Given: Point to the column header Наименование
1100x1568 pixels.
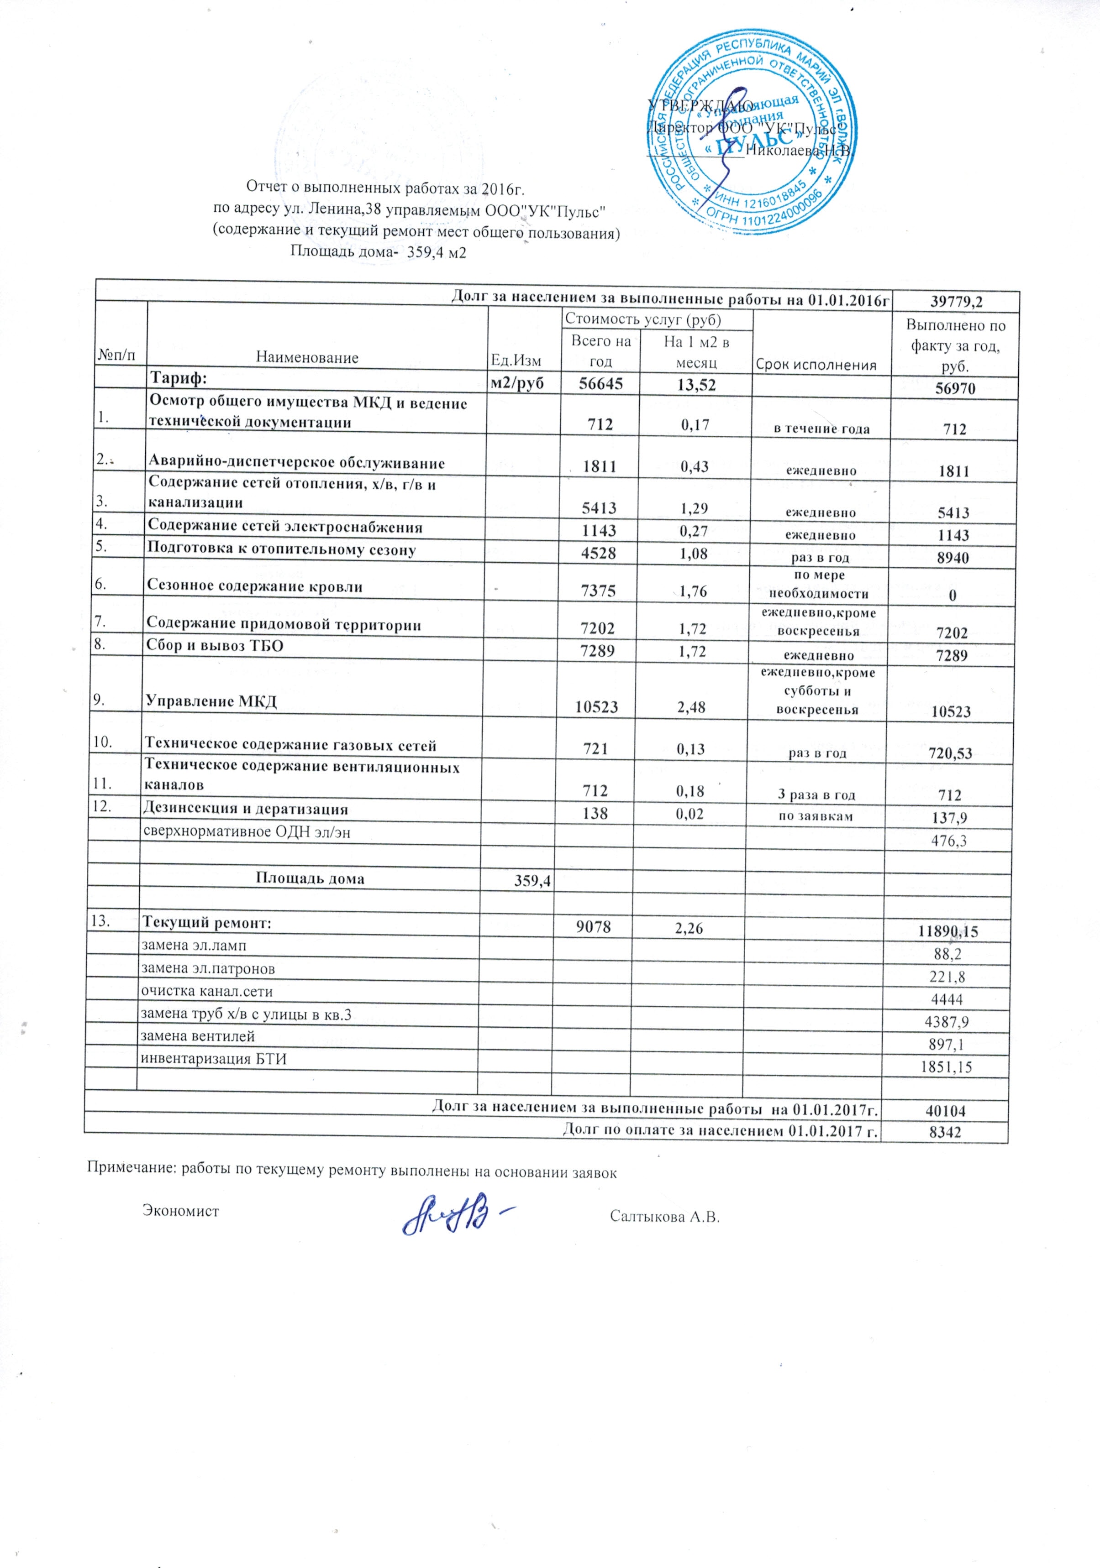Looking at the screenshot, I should [x=307, y=357].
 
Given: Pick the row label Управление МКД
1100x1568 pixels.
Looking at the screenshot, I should [x=212, y=701].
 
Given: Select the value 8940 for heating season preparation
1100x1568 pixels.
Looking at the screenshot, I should [x=953, y=559].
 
